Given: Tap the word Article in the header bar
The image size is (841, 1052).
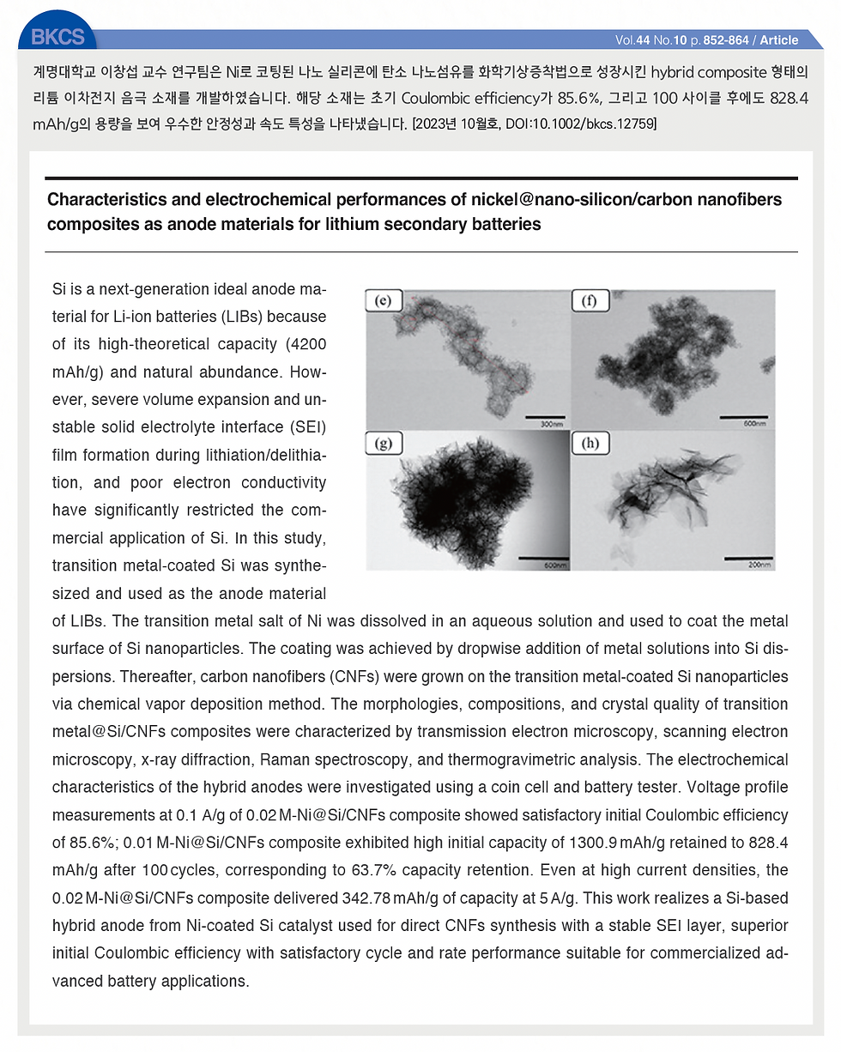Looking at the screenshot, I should point(779,40).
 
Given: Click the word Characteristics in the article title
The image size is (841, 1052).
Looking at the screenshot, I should point(103,200).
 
